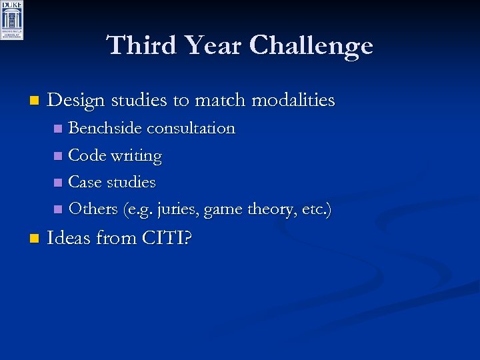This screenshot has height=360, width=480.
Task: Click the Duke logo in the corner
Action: coord(12,20)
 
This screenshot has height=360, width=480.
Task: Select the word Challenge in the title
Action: coord(311,45)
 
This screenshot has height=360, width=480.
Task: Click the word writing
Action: coord(137,155)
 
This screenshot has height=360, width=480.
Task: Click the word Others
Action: coord(93,209)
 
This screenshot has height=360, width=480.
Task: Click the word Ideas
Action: coord(69,237)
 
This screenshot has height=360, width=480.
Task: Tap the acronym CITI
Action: coord(164,237)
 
